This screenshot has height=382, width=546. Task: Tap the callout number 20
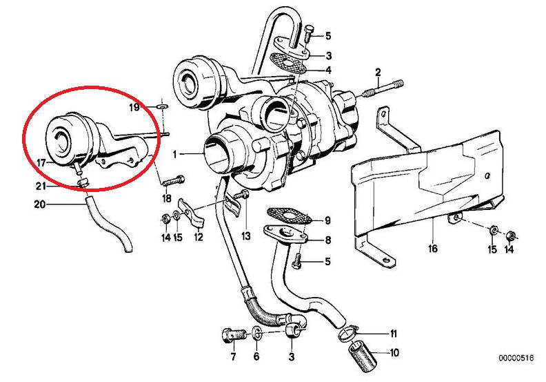[x=39, y=204]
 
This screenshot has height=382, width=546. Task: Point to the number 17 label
[x=41, y=163]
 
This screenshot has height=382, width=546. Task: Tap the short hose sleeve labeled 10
[x=363, y=359]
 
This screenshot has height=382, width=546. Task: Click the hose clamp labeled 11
[x=350, y=334]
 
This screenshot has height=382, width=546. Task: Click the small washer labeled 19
[x=161, y=107]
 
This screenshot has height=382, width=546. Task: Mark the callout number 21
[x=41, y=187]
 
